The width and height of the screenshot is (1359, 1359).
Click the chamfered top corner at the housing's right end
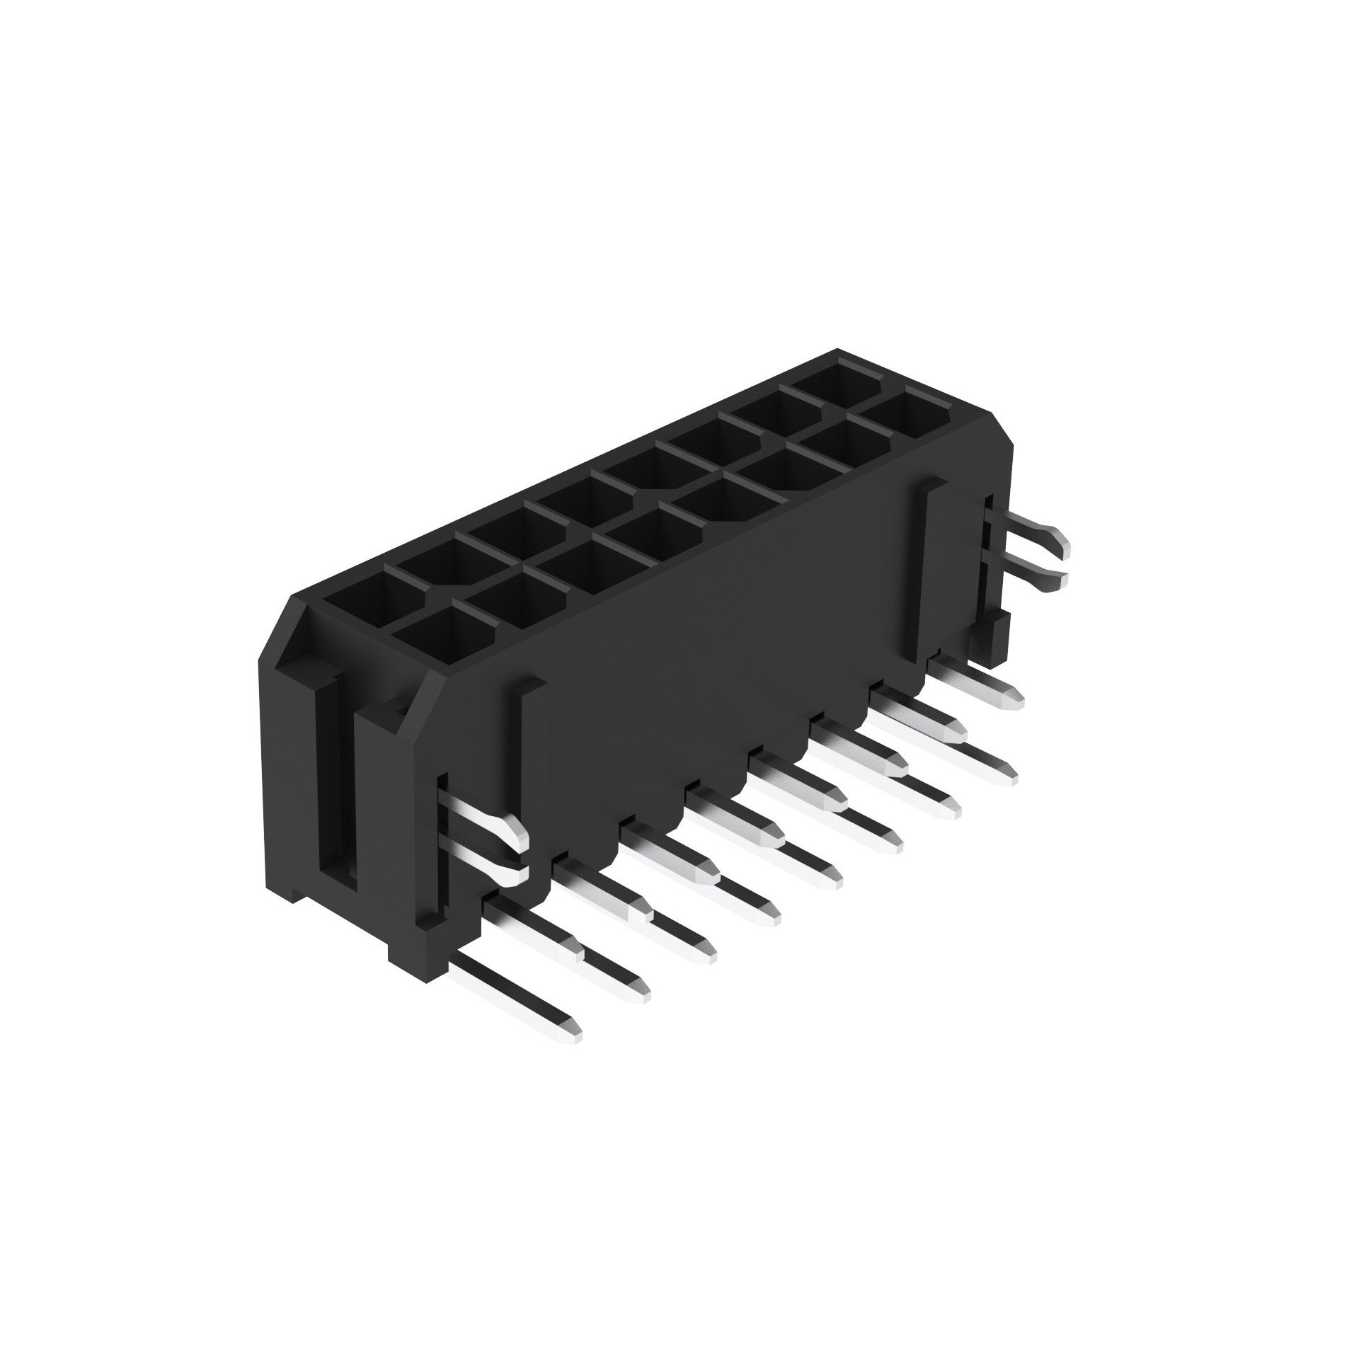[x=991, y=418]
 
